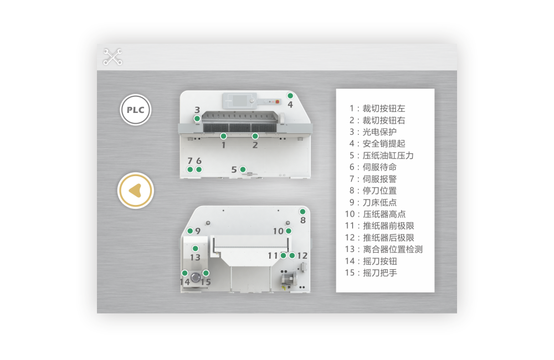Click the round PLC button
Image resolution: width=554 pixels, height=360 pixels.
[x=135, y=110]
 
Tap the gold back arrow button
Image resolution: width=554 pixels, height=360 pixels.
[x=136, y=191]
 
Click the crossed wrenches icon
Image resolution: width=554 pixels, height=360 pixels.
[x=112, y=57]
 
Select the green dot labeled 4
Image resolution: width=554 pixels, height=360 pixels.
[x=290, y=96]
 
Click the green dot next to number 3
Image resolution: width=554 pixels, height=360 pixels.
[x=197, y=119]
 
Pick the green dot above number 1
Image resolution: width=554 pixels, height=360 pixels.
[x=223, y=136]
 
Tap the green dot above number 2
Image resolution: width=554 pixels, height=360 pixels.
[x=255, y=136]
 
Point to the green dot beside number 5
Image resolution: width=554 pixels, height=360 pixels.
[x=243, y=169]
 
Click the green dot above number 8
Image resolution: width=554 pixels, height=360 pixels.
[x=302, y=212]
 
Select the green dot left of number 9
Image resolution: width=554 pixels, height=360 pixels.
[x=190, y=231]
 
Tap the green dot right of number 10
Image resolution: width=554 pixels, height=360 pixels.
[x=289, y=231]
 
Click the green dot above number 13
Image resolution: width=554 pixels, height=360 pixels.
[x=195, y=249]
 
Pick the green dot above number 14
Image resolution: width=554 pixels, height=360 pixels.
[x=184, y=273]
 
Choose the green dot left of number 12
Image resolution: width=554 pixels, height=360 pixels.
[x=292, y=255]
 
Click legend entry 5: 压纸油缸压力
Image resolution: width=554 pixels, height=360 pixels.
[x=382, y=156]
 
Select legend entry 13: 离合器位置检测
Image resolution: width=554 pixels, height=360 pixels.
[x=384, y=249]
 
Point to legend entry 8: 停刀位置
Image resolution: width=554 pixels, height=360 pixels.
[x=373, y=191]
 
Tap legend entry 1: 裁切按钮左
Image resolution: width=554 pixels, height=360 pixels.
[x=377, y=109]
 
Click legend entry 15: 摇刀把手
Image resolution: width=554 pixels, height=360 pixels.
[x=371, y=272]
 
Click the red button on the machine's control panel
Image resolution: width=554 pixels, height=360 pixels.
[x=278, y=102]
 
